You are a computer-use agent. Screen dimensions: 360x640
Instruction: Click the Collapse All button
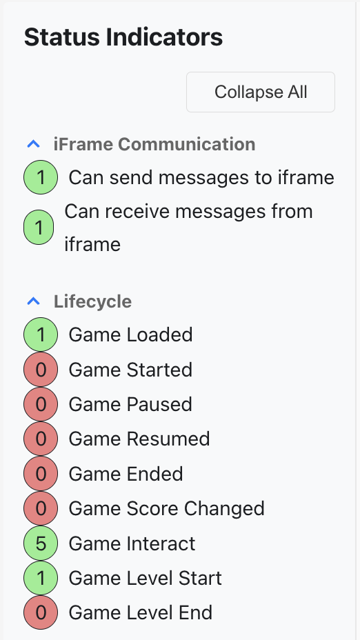[x=261, y=92]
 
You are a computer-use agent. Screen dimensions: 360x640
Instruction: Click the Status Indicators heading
[x=123, y=37]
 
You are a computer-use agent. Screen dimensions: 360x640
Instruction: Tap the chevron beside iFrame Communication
[x=34, y=143]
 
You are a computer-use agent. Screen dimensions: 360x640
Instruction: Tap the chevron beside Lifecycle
[x=34, y=301]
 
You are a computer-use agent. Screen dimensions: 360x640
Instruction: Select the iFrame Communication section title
[x=154, y=144]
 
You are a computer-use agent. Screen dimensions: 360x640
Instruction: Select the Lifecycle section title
[x=92, y=301]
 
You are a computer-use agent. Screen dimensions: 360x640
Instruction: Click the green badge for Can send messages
[x=41, y=177]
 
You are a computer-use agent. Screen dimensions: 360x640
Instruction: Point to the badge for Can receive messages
[x=39, y=228]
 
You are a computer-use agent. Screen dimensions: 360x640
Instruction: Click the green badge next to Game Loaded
[x=41, y=334]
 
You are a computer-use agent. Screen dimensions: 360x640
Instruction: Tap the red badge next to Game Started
[x=41, y=370]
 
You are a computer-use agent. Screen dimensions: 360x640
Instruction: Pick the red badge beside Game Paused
[x=41, y=404]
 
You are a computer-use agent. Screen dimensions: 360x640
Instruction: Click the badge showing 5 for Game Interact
[x=41, y=543]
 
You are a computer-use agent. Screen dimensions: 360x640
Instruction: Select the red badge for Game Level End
[x=41, y=612]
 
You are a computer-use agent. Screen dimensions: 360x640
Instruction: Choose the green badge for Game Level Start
[x=41, y=578]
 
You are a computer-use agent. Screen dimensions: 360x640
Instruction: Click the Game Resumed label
[x=139, y=439]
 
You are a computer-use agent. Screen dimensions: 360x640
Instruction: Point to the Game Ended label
[x=126, y=474]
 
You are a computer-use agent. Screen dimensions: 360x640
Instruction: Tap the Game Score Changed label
[x=166, y=508]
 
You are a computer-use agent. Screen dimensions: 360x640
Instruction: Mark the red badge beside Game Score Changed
[x=41, y=508]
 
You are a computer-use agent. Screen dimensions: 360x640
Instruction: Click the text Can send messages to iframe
[x=201, y=177]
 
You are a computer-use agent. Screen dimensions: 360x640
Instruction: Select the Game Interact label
[x=132, y=543]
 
